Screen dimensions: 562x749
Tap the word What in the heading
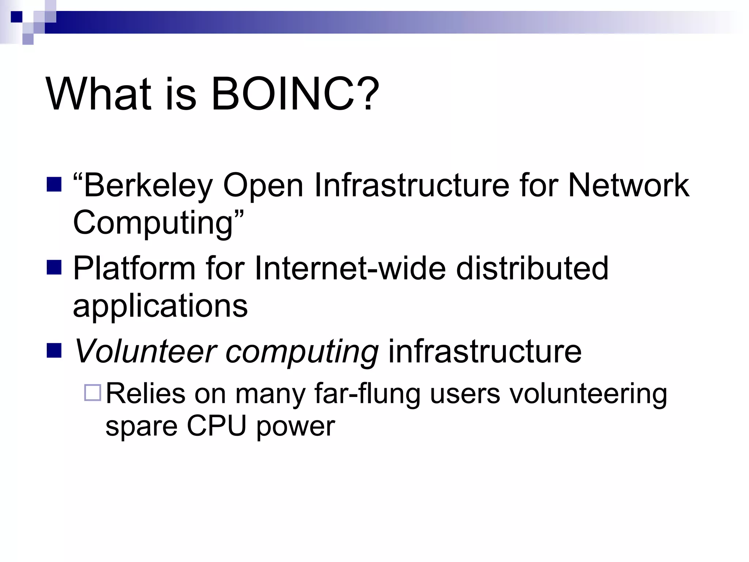[x=98, y=94]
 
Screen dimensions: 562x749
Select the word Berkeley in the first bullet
[x=148, y=186]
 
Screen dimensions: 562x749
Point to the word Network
[x=628, y=185]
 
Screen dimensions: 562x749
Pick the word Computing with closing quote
[x=157, y=223]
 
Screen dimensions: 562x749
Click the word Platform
[x=134, y=269]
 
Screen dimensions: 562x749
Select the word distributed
[x=532, y=269]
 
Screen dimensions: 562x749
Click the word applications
[x=160, y=307]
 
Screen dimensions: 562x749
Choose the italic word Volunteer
[x=145, y=351]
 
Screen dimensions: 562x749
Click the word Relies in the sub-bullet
[x=146, y=394]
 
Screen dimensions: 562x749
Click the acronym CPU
[x=217, y=426]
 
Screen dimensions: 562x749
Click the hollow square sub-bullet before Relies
[x=93, y=393]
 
